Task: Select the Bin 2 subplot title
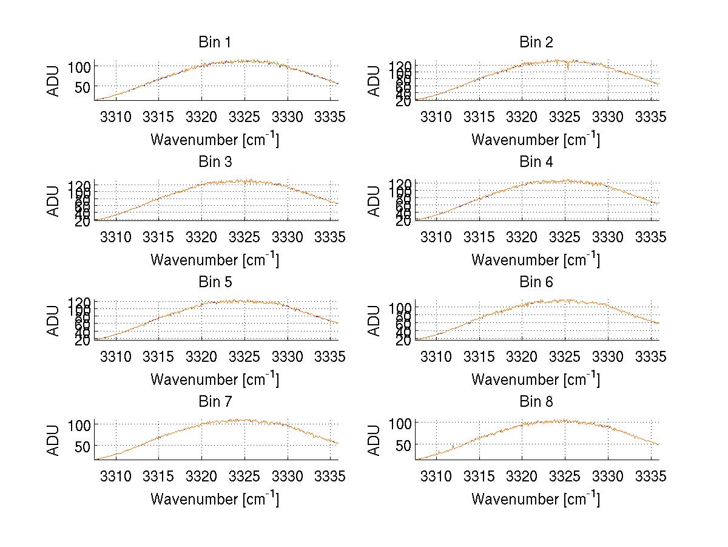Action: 536,42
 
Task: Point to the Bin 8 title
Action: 536,402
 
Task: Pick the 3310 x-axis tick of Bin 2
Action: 436,117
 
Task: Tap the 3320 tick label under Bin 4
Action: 522,237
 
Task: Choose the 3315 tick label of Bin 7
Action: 159,476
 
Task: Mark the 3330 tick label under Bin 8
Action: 608,476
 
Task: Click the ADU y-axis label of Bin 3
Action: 54,200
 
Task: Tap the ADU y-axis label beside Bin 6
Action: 375,321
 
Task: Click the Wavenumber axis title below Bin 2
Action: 536,140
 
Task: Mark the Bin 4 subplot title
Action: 536,162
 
